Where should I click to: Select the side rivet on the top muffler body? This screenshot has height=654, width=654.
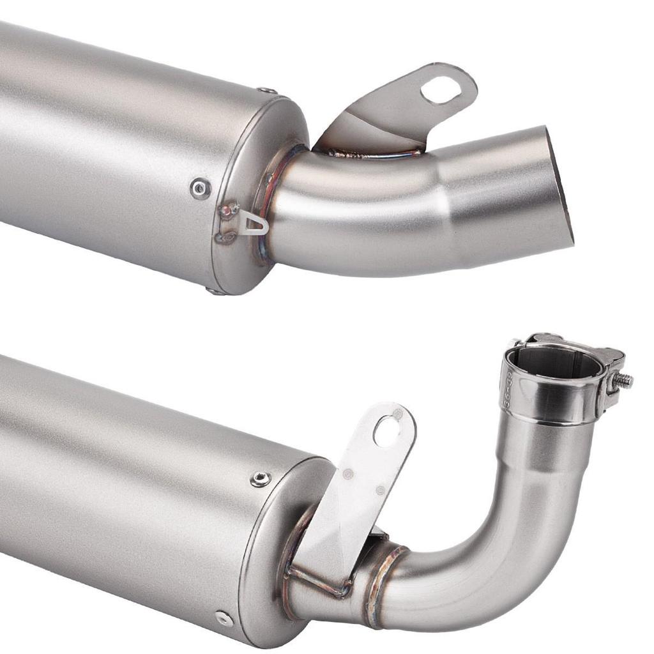201,188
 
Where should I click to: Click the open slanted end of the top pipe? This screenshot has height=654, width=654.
560,185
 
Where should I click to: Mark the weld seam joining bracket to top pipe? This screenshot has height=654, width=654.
377,153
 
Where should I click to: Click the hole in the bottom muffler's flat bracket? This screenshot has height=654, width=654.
387,432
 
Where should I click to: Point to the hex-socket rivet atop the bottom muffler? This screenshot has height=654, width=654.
260,479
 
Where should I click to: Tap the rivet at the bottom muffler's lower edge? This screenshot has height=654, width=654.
224,618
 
